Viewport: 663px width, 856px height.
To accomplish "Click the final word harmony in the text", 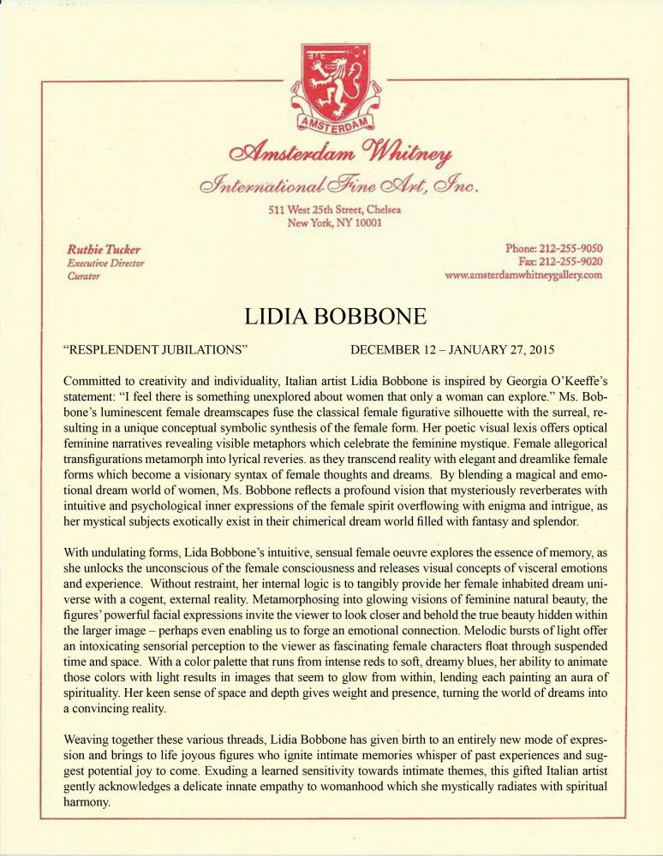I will click(91, 805).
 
